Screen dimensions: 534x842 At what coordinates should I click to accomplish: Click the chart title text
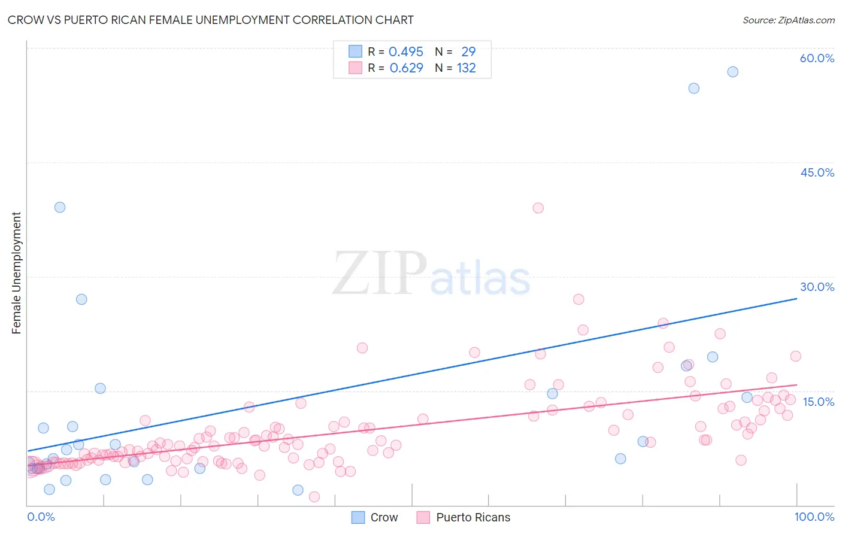210,20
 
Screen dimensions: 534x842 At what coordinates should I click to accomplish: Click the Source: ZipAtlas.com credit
788,20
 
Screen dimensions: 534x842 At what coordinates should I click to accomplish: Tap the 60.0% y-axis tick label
817,58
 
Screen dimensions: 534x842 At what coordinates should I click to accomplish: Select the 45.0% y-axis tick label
817,172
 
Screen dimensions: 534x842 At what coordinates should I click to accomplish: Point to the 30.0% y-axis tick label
817,287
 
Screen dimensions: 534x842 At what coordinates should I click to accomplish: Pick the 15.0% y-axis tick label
818,402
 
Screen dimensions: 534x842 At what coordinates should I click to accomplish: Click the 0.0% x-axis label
41,517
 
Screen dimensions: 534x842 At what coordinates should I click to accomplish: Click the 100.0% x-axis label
814,517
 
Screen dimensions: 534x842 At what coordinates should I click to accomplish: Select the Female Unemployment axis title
16,272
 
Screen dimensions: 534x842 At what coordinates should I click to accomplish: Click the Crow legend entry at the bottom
383,517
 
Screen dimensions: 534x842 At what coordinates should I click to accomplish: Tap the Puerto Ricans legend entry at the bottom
473,517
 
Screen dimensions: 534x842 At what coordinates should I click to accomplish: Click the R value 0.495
406,52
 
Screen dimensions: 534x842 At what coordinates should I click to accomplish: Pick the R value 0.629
406,68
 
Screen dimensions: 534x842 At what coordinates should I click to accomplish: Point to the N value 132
466,68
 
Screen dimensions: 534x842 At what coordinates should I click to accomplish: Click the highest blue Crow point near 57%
732,72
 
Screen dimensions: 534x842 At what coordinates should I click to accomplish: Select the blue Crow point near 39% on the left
60,207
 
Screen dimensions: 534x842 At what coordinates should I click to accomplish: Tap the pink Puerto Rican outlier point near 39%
538,208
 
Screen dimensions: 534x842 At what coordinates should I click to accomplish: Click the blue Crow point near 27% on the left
81,299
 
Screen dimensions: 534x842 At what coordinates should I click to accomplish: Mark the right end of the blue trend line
797,298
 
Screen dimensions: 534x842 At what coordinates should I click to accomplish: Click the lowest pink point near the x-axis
314,497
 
